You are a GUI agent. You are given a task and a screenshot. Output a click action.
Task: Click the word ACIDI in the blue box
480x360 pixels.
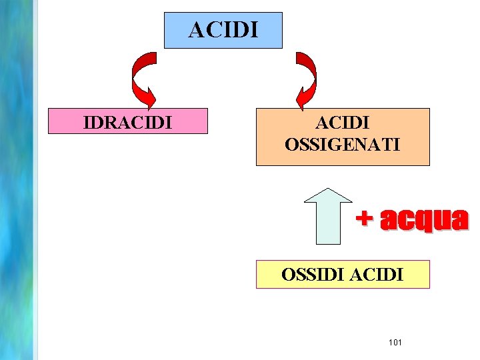point(223,30)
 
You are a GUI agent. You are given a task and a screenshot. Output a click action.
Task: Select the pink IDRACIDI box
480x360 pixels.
point(127,122)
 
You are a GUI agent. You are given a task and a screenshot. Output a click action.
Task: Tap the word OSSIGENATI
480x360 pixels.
point(343,143)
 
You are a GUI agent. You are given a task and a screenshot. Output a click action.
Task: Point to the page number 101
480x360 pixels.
point(395,342)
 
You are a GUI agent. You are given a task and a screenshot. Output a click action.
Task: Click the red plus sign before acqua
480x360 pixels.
point(364,218)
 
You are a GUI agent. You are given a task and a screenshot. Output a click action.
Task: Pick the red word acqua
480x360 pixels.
point(424,220)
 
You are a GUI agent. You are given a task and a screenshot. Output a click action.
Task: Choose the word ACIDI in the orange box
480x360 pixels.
point(343,123)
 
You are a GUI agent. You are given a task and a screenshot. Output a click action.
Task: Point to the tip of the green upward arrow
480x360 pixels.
point(327,188)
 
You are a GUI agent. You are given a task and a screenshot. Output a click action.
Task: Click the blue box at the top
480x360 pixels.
point(223,30)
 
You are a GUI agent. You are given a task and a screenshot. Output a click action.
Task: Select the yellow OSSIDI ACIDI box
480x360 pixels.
point(343,274)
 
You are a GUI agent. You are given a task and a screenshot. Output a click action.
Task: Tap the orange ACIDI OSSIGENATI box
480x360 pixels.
point(343,137)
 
